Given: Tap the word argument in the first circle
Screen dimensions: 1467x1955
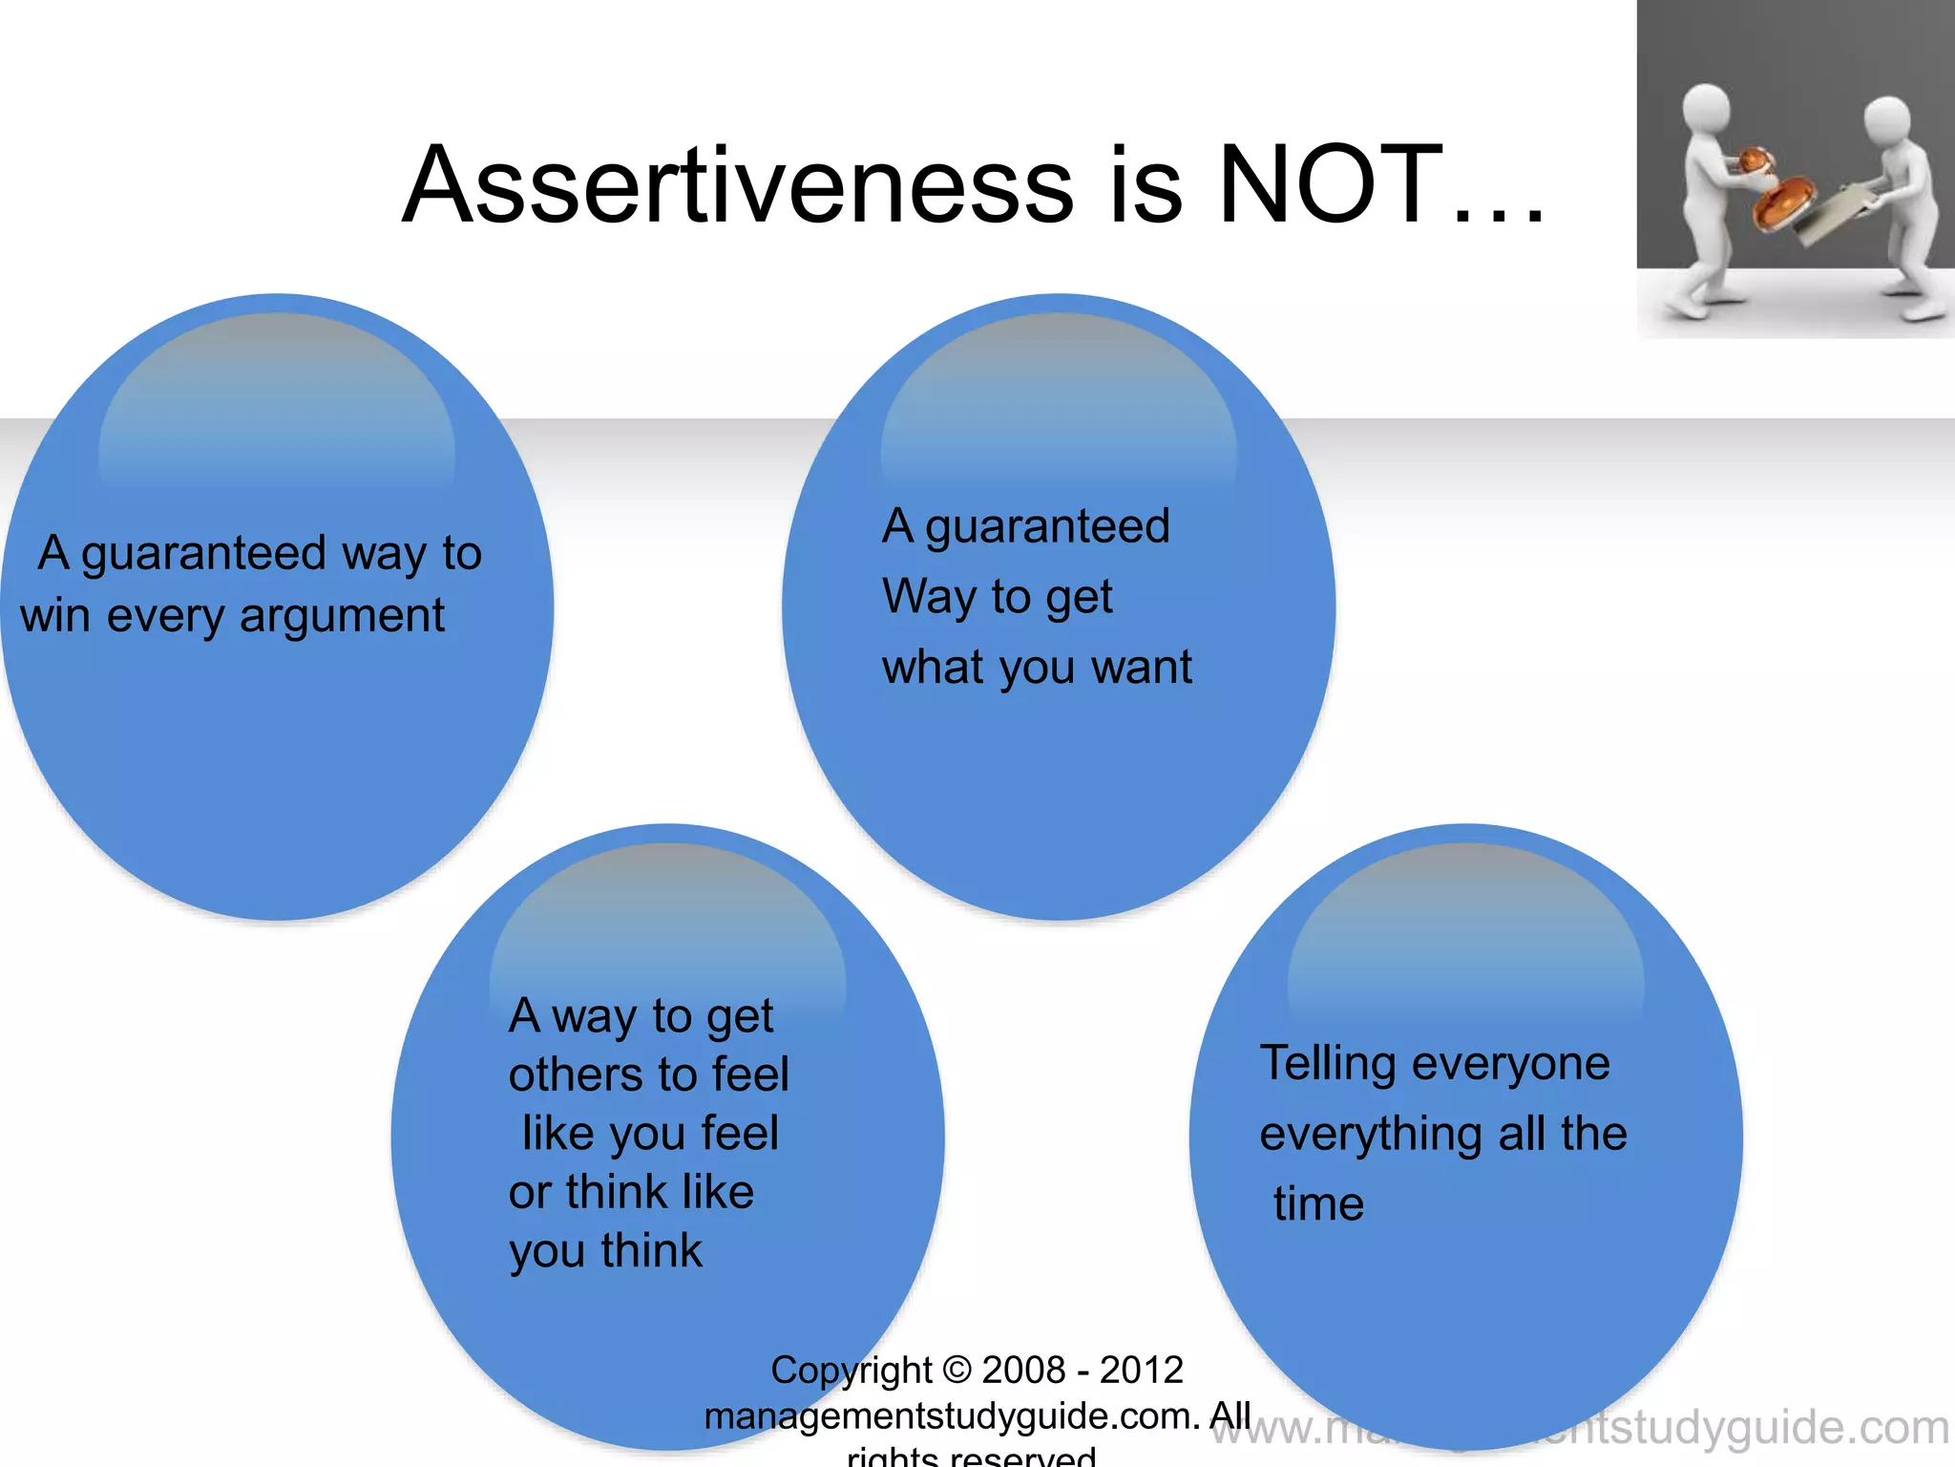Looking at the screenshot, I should point(342,617).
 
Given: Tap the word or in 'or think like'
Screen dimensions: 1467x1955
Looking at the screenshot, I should point(530,1194).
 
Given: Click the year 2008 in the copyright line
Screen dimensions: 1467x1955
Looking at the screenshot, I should point(1022,1370).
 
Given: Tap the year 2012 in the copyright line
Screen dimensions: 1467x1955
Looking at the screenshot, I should point(1141,1370).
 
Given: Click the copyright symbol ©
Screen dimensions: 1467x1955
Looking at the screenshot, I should point(956,1370).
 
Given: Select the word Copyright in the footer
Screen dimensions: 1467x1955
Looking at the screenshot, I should point(851,1371).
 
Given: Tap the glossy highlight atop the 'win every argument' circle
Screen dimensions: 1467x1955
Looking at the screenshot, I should point(277,401).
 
